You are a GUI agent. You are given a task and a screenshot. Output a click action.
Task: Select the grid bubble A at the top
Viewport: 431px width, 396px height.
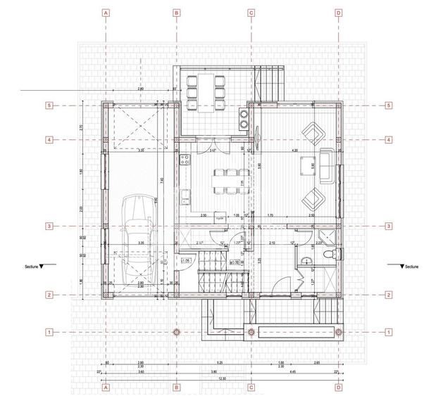(106, 13)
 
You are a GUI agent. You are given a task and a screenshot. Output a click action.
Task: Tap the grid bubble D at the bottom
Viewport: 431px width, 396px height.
(339, 386)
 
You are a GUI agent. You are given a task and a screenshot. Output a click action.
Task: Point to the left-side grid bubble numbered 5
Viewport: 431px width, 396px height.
(49, 106)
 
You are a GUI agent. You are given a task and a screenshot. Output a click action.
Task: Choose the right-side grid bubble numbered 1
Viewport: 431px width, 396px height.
(389, 331)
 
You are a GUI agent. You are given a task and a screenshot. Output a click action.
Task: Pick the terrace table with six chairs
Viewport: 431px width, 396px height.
(206, 92)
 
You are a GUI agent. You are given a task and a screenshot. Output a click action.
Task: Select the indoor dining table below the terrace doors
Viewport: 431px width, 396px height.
(224, 181)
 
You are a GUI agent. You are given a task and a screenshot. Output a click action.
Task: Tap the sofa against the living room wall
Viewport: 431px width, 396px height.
(328, 163)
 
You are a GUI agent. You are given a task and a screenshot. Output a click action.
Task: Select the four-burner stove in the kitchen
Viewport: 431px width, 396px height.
(244, 118)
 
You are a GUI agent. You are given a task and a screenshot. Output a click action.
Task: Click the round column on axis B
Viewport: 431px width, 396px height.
(177, 331)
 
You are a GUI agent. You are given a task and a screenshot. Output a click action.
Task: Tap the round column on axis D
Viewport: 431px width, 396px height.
(339, 331)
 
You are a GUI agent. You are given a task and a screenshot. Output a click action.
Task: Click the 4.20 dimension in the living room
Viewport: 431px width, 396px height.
(294, 150)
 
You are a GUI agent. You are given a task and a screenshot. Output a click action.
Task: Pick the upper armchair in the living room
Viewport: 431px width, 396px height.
(312, 131)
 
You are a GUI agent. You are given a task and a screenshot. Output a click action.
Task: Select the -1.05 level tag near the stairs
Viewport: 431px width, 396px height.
(187, 262)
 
